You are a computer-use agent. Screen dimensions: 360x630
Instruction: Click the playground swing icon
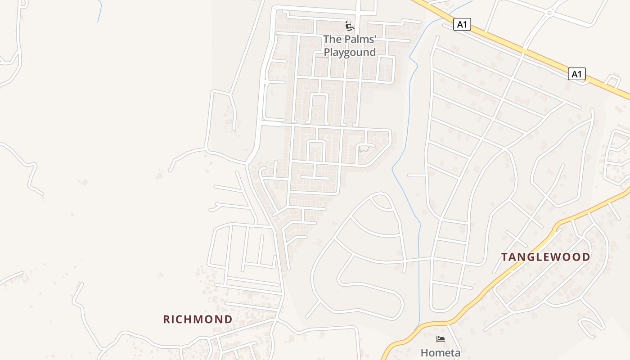click(x=349, y=26)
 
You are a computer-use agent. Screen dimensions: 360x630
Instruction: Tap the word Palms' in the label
click(x=360, y=40)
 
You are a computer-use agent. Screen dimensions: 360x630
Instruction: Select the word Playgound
click(x=350, y=52)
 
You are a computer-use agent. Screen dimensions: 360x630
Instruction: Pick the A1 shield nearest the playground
click(x=462, y=24)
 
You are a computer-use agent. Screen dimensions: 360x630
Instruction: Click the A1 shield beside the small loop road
click(x=576, y=74)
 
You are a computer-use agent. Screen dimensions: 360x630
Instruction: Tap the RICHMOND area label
click(x=198, y=319)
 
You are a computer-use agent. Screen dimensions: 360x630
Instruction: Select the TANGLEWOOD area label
click(x=545, y=257)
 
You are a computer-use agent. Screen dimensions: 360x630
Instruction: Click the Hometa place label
click(x=440, y=352)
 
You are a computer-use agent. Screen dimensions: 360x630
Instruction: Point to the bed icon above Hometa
click(x=440, y=339)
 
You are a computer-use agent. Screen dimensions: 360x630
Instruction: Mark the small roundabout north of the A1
click(x=549, y=13)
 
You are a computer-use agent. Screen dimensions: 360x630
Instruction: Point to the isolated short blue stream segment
click(x=99, y=11)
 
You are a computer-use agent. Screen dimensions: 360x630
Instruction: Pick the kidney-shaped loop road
click(x=360, y=288)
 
